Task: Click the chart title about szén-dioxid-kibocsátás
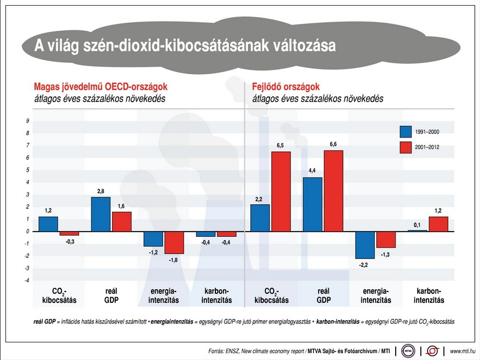pyautogui.click(x=185, y=46)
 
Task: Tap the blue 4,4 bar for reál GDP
pyautogui.click(x=312, y=204)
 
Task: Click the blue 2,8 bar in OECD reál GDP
pyautogui.click(x=100, y=214)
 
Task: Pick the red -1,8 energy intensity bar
pyautogui.click(x=174, y=242)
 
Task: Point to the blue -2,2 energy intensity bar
pyautogui.click(x=365, y=244)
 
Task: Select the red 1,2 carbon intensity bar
pyautogui.click(x=438, y=224)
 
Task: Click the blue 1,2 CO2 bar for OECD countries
pyautogui.click(x=48, y=224)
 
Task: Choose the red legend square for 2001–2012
pyautogui.click(x=406, y=147)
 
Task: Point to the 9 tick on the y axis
pyautogui.click(x=27, y=121)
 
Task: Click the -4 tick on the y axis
pyautogui.click(x=27, y=280)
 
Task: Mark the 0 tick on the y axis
pyautogui.click(x=27, y=231)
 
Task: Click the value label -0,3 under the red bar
pyautogui.click(x=69, y=241)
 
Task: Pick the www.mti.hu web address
pyautogui.click(x=462, y=350)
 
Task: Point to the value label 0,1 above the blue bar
pyautogui.click(x=417, y=224)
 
